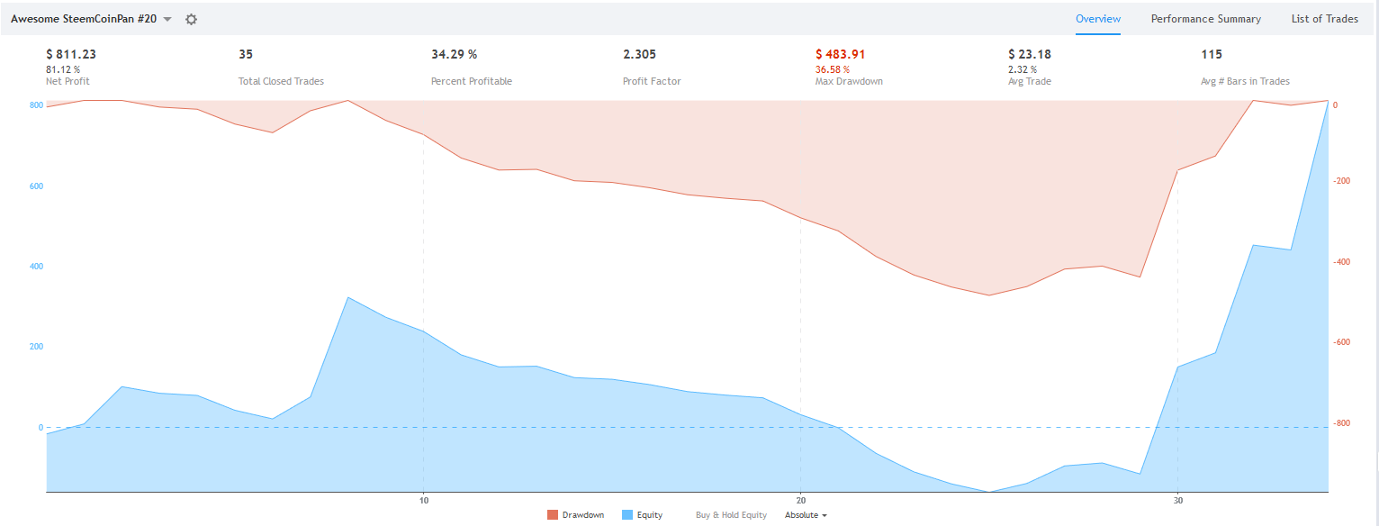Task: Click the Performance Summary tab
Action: (x=1205, y=19)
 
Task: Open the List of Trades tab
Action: (x=1324, y=19)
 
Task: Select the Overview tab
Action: (x=1098, y=19)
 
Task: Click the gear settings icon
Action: (x=191, y=19)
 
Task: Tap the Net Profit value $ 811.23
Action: (x=71, y=54)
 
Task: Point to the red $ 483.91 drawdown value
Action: (x=840, y=54)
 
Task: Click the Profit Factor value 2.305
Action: (x=639, y=54)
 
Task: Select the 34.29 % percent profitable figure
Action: (x=454, y=54)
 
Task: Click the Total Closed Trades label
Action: (x=281, y=81)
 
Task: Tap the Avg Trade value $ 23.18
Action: (x=1029, y=54)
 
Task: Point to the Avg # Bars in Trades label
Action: (x=1245, y=81)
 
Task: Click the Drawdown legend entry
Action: (x=575, y=515)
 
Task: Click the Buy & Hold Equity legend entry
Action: (x=731, y=515)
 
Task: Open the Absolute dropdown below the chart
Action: (x=806, y=515)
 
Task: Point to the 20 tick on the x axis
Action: (x=800, y=500)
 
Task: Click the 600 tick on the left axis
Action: (x=36, y=186)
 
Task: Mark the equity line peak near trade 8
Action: (x=348, y=297)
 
